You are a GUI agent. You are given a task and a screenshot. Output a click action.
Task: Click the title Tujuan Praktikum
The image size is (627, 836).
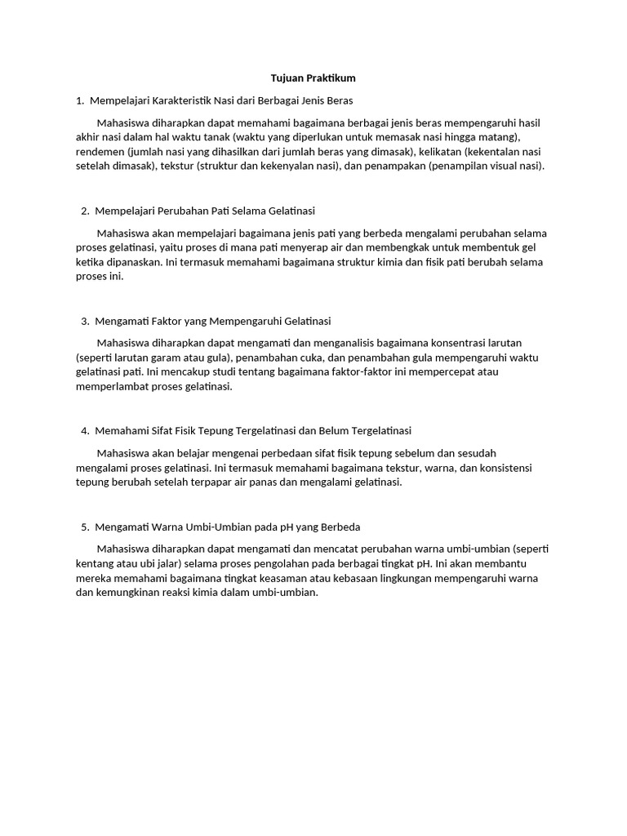pyautogui.click(x=313, y=78)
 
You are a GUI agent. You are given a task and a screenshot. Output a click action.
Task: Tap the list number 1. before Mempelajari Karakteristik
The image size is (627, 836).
pyautogui.click(x=79, y=100)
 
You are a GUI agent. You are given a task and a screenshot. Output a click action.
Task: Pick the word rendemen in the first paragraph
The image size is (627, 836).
pyautogui.click(x=100, y=152)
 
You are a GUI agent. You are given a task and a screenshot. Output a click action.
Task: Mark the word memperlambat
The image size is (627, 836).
pyautogui.click(x=111, y=387)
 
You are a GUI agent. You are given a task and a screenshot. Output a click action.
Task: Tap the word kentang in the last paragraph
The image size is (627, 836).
pyautogui.click(x=96, y=563)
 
